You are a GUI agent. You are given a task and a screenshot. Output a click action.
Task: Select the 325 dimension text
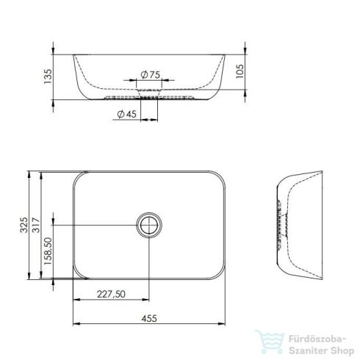click(x=24, y=223)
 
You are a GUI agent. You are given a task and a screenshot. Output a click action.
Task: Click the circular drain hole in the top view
click(x=149, y=225)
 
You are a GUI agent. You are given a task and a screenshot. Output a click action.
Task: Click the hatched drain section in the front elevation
click(x=150, y=96)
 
